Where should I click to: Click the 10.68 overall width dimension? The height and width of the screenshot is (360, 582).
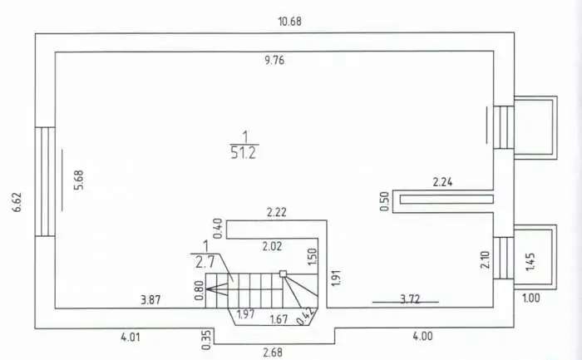(x=290, y=22)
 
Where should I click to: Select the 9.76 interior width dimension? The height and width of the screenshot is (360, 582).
(x=274, y=60)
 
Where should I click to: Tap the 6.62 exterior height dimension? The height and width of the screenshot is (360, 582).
(x=17, y=202)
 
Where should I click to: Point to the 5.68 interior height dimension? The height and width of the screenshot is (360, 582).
(x=79, y=180)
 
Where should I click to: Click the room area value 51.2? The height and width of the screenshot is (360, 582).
(x=244, y=152)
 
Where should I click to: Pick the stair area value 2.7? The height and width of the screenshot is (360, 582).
(x=205, y=262)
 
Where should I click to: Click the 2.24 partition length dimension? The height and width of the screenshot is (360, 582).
(x=443, y=182)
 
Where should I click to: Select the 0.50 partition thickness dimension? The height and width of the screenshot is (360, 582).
(x=385, y=201)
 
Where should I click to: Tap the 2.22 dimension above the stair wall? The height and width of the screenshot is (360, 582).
(x=277, y=213)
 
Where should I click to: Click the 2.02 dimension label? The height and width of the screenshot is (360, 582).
(x=272, y=246)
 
